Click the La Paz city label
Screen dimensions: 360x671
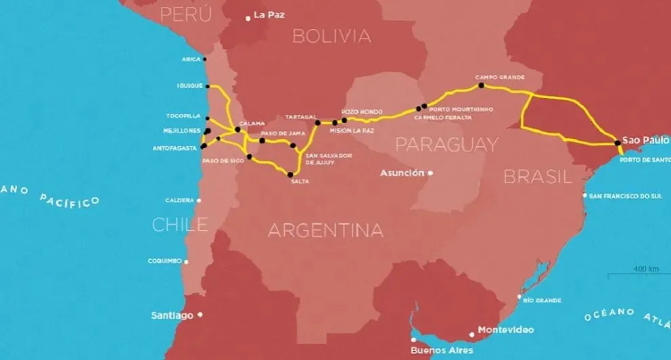(269, 15)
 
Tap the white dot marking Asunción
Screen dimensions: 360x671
(430, 173)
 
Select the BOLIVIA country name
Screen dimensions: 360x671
(331, 36)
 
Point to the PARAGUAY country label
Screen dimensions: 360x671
(446, 144)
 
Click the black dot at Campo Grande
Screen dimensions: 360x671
(481, 86)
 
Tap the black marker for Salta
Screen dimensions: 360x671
(290, 175)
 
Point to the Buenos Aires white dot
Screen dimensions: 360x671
(413, 340)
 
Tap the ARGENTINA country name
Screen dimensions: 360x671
(325, 230)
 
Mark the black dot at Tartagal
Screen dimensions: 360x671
(317, 123)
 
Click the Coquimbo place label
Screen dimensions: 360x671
(164, 261)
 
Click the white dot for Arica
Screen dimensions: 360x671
(205, 59)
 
